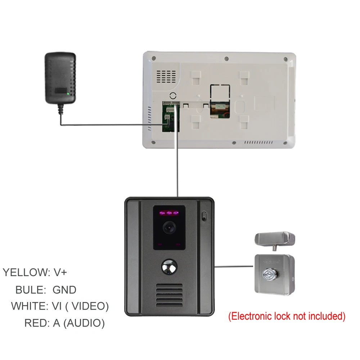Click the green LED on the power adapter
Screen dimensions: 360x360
pyautogui.click(x=68, y=93)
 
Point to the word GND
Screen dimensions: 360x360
pyautogui.click(x=64, y=289)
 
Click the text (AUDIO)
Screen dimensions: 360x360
pyautogui.click(x=84, y=323)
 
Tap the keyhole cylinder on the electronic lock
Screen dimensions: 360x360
pyautogui.click(x=269, y=275)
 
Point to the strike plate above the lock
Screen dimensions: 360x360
pyautogui.click(x=275, y=239)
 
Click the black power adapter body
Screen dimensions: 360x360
pyautogui.click(x=60, y=77)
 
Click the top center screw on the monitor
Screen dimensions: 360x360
pyautogui.click(x=226, y=58)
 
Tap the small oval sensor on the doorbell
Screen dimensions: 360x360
pyautogui.click(x=204, y=217)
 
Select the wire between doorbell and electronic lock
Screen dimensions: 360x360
pyautogui.click(x=234, y=267)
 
